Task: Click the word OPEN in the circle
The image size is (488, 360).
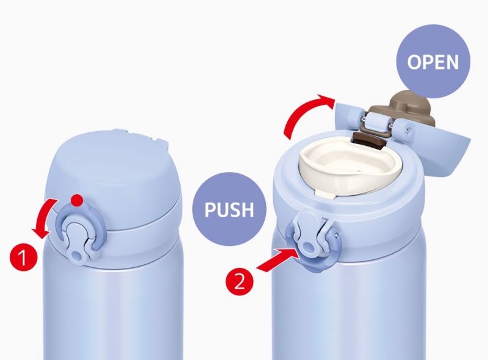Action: pos(433,62)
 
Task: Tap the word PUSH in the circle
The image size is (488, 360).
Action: pos(229,209)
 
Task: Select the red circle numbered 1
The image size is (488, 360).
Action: pos(24,257)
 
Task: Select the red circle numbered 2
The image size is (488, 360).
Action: pos(239,283)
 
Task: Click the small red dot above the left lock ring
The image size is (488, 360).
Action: pos(77,200)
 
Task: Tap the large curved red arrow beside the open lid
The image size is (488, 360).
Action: pos(303,112)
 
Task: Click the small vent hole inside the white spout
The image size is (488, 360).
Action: pos(359,171)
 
